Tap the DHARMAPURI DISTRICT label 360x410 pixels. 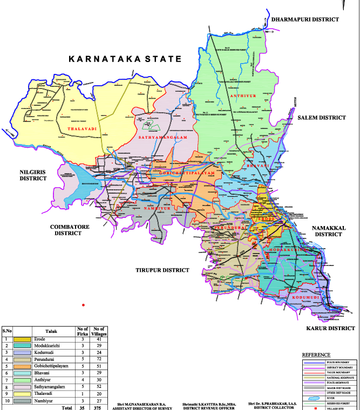305,19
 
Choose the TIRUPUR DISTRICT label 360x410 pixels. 162,270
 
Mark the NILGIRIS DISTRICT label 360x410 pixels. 34,174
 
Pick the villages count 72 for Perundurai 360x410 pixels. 99,358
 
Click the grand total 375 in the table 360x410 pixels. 98,408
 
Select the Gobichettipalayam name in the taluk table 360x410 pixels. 53,365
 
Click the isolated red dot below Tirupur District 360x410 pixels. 83,306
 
